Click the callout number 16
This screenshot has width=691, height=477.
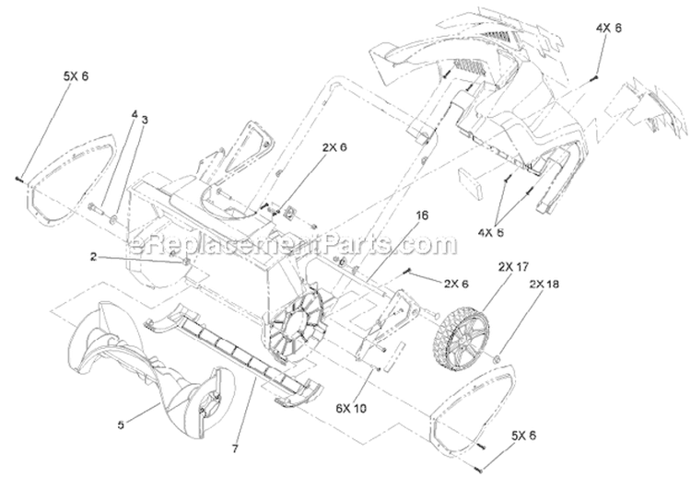tap(421, 215)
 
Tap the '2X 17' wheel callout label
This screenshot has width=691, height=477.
tap(513, 267)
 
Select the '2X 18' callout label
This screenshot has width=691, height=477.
tap(544, 285)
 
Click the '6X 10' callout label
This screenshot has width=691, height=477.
tap(351, 409)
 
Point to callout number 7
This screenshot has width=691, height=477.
tap(235, 449)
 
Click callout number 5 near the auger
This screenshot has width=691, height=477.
tap(121, 425)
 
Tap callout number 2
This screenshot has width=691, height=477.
tap(93, 256)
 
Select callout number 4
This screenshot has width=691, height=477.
tap(135, 114)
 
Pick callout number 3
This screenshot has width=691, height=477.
tap(145, 120)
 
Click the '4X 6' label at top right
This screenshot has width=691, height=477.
tap(609, 28)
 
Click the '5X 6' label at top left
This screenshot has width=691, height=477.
tap(76, 76)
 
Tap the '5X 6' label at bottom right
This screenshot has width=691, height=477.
tap(523, 436)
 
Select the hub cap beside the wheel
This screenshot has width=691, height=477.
tap(495, 359)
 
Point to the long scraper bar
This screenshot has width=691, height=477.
tap(234, 354)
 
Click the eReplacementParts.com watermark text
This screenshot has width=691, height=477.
tap(292, 244)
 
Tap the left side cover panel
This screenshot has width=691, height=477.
tap(71, 180)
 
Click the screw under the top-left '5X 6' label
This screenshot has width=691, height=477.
tap(19, 179)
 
